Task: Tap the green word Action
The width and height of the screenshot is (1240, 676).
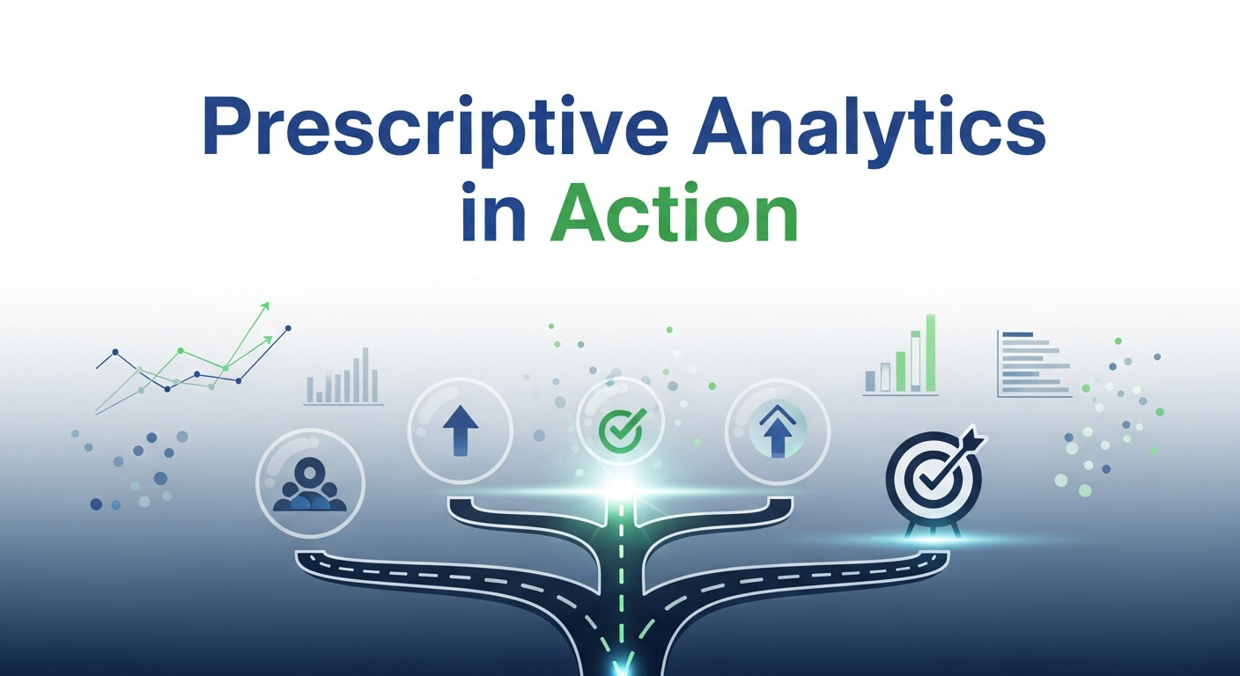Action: (x=674, y=214)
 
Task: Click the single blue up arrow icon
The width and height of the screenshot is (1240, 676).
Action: (x=460, y=430)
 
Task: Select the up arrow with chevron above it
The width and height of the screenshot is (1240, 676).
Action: (x=777, y=430)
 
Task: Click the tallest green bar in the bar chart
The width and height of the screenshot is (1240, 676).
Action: (x=930, y=353)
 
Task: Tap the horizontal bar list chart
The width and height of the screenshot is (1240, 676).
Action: (x=1034, y=364)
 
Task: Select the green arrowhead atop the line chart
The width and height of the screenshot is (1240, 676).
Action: (x=264, y=306)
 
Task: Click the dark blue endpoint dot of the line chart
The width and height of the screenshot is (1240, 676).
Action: (x=288, y=329)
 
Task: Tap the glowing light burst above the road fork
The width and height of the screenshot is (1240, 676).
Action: (x=623, y=487)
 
